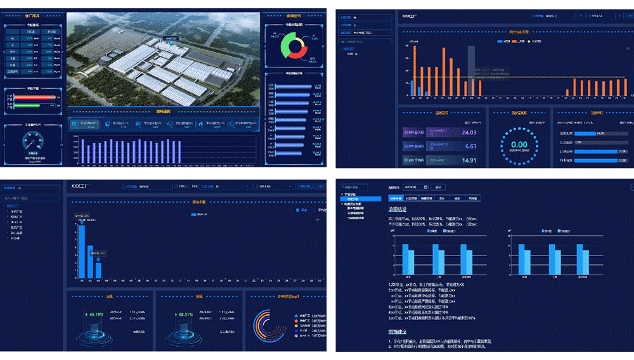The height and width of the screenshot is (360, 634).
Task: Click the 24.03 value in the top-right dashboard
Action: tap(469, 132)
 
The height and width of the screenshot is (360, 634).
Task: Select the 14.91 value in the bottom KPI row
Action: tap(469, 160)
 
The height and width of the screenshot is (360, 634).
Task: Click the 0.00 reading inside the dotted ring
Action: tap(519, 145)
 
